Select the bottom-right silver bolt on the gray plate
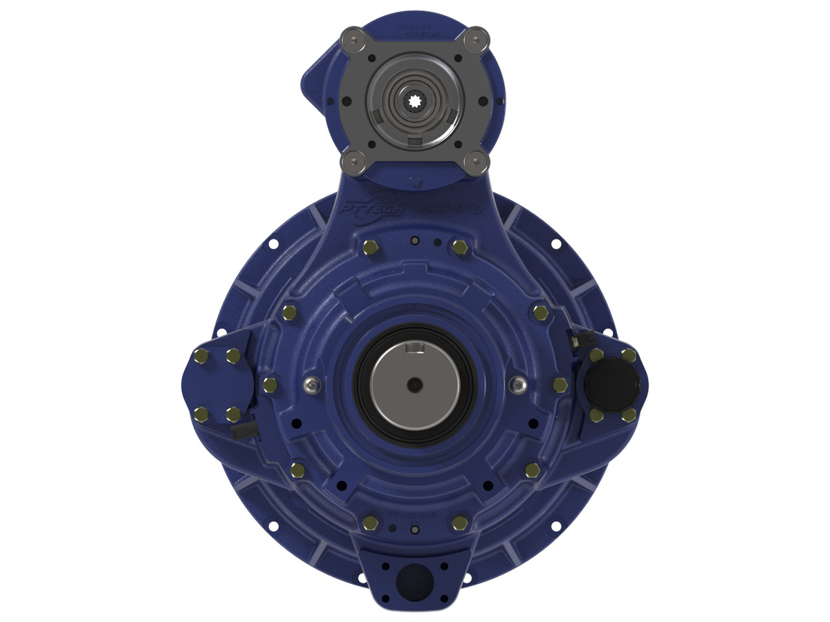point(475,163)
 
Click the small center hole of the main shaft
point(414,384)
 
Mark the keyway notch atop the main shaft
point(415,346)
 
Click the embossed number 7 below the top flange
point(415,183)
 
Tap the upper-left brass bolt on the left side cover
point(201,356)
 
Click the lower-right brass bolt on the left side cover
point(234,414)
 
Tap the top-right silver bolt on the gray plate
point(475,38)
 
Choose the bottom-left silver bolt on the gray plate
point(353,163)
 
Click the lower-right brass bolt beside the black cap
point(628,414)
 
